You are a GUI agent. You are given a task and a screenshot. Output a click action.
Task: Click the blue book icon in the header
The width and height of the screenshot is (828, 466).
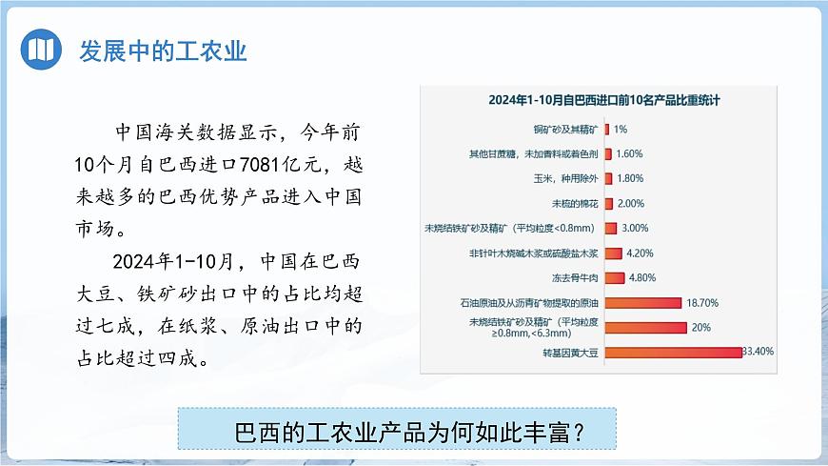click(39, 50)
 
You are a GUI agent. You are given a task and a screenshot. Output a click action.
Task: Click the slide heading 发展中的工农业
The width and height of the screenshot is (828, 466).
click(163, 50)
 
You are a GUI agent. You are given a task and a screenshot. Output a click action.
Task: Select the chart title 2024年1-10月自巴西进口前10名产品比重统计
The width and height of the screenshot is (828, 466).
click(603, 100)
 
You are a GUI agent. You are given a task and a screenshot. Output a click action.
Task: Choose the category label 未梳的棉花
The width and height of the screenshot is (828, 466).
click(575, 204)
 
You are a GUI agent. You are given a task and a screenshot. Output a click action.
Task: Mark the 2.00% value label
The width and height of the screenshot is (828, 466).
click(631, 204)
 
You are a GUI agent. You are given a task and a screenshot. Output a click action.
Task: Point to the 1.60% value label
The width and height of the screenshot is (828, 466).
click(629, 153)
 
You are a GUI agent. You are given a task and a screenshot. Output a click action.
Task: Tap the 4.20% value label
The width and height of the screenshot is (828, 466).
click(642, 253)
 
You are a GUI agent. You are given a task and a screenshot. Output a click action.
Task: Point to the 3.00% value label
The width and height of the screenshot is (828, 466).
click(635, 229)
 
